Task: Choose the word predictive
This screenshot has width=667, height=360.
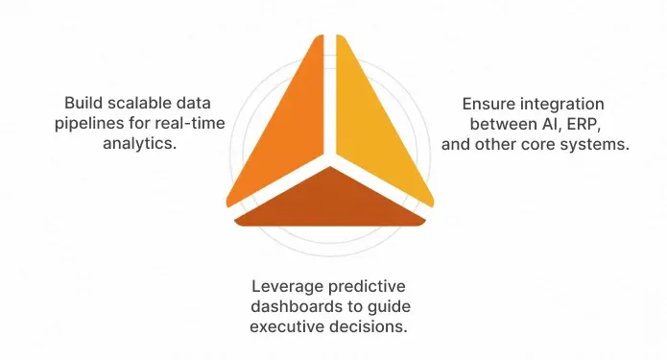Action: pos(363,286)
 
